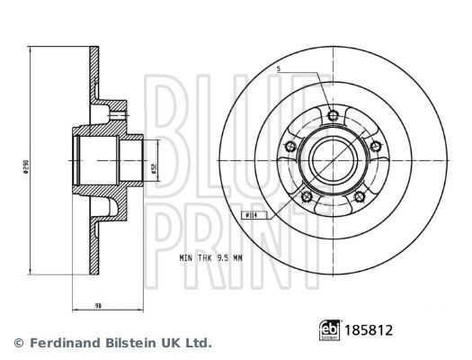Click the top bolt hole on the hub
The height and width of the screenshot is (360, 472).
pyautogui.click(x=332, y=115)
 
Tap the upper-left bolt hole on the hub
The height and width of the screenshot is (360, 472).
pyautogui.click(x=288, y=147)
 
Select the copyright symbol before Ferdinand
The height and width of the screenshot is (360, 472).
pyautogui.click(x=19, y=343)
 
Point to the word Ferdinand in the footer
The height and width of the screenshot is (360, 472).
pyautogui.click(x=58, y=343)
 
